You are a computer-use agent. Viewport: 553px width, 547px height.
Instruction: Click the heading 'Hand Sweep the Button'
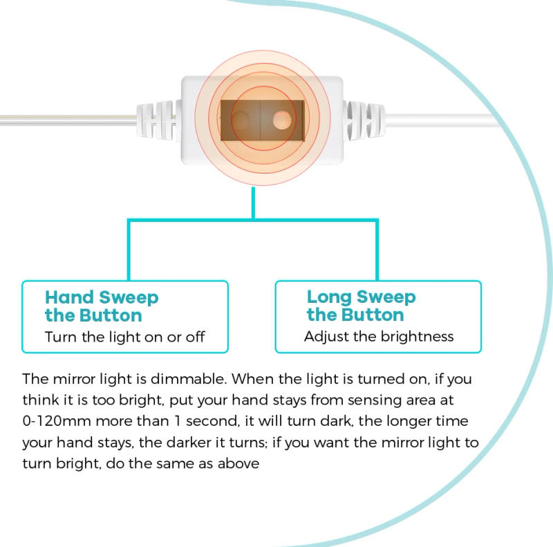coord(102,306)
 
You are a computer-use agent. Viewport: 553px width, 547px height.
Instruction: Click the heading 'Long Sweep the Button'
coord(361,306)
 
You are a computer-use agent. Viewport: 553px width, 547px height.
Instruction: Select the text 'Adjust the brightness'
coord(379,337)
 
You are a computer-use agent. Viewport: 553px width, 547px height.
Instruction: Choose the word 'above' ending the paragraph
coord(239,463)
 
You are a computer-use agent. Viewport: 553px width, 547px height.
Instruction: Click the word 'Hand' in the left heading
coord(69,298)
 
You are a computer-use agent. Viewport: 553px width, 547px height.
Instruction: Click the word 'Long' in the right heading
coord(330,297)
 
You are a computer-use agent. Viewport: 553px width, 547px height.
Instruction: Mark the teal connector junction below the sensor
coord(253,220)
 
